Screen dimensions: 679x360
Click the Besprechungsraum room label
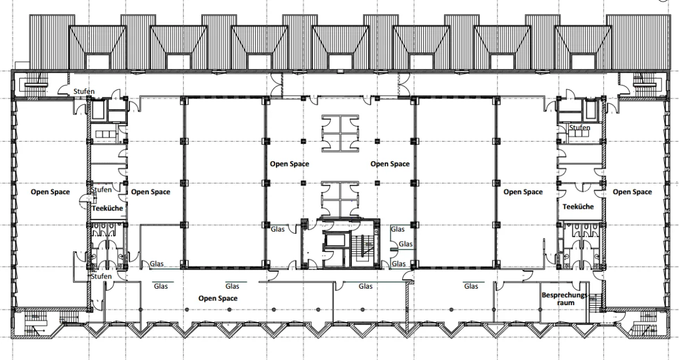click(x=565, y=299)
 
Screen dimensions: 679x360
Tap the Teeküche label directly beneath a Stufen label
click(x=108, y=208)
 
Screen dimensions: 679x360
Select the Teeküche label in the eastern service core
click(x=578, y=207)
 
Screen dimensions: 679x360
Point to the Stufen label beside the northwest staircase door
click(x=84, y=91)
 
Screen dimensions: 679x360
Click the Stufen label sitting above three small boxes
click(x=579, y=128)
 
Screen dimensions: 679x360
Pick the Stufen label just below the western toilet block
click(x=101, y=276)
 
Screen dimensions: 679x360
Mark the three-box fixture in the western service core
click(x=105, y=134)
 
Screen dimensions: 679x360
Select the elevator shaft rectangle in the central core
click(x=335, y=241)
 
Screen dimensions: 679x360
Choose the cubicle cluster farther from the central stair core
click(x=341, y=133)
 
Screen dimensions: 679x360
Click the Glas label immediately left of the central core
click(x=278, y=229)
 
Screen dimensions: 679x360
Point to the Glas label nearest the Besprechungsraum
click(x=471, y=286)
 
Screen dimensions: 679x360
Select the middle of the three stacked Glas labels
click(x=406, y=244)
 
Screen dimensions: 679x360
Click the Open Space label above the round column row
click(x=218, y=298)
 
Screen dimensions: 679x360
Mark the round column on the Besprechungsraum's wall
click(x=540, y=310)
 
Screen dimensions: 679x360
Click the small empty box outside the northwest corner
click(x=23, y=66)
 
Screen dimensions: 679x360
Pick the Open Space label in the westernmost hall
click(x=50, y=192)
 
